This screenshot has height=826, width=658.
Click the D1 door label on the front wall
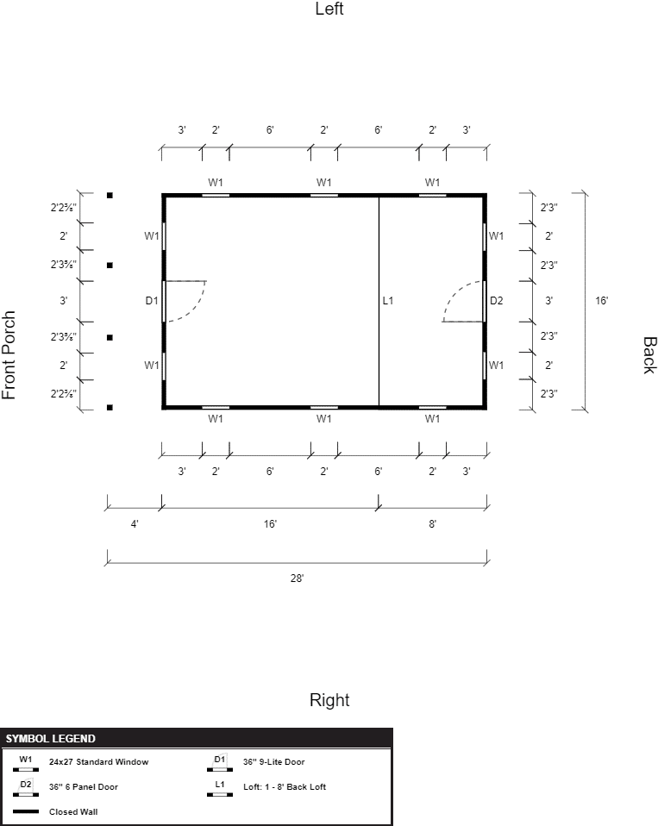[x=152, y=300]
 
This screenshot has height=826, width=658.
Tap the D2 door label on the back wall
[x=496, y=300]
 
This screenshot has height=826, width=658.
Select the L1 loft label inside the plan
[x=388, y=300]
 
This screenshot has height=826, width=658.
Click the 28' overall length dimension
[x=298, y=578]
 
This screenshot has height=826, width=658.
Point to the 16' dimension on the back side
[x=602, y=300]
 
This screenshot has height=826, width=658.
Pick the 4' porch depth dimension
[x=135, y=523]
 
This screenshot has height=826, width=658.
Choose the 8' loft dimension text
[x=432, y=523]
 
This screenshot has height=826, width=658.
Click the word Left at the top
[x=329, y=9]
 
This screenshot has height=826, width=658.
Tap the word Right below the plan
[x=329, y=700]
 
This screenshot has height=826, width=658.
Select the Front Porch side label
[x=9, y=355]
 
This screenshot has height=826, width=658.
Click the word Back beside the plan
[x=649, y=355]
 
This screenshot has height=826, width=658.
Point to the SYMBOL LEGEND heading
[x=51, y=739]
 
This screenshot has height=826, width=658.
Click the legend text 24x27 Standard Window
[x=98, y=761]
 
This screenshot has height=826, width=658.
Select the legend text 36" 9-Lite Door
[x=274, y=761]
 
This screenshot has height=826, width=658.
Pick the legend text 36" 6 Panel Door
[x=84, y=786]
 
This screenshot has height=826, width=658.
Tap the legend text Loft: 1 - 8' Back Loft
[x=285, y=786]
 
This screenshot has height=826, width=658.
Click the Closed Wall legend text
[x=73, y=812]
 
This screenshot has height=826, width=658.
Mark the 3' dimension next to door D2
[x=548, y=300]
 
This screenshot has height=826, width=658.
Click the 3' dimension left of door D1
[x=63, y=300]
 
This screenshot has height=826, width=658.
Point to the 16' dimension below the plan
[x=270, y=523]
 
